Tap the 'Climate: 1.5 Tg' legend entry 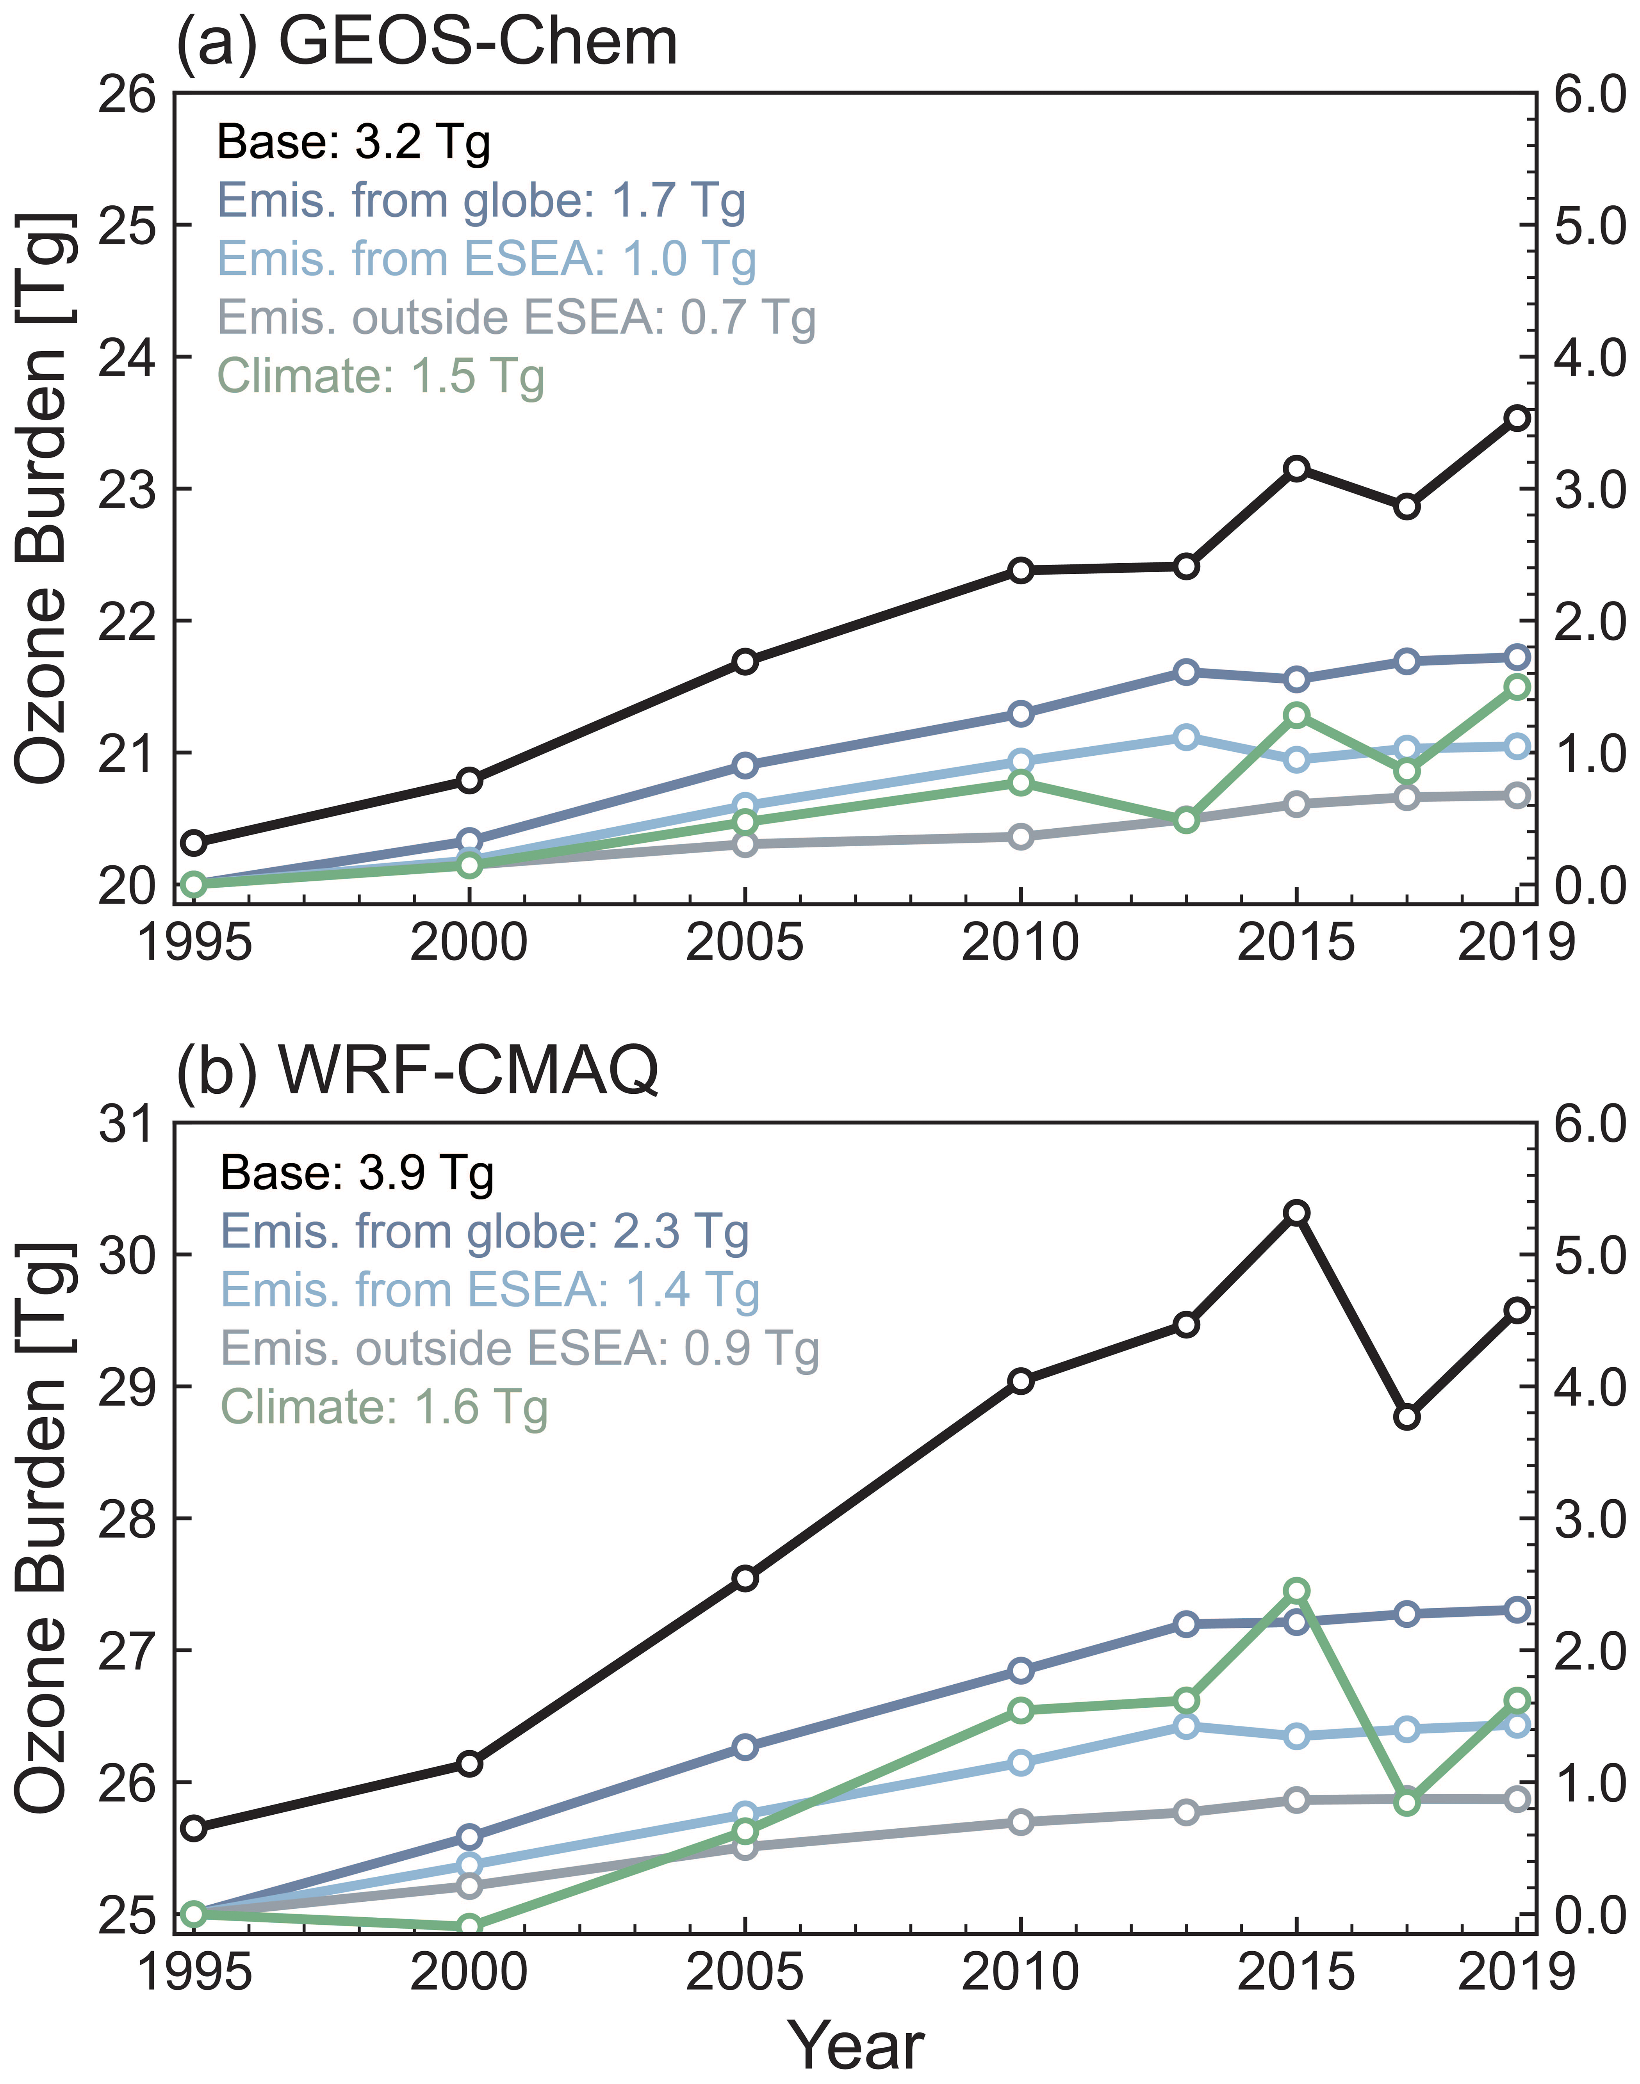click(x=381, y=376)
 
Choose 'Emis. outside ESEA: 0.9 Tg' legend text click(x=519, y=1349)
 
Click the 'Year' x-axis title click(x=855, y=2045)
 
